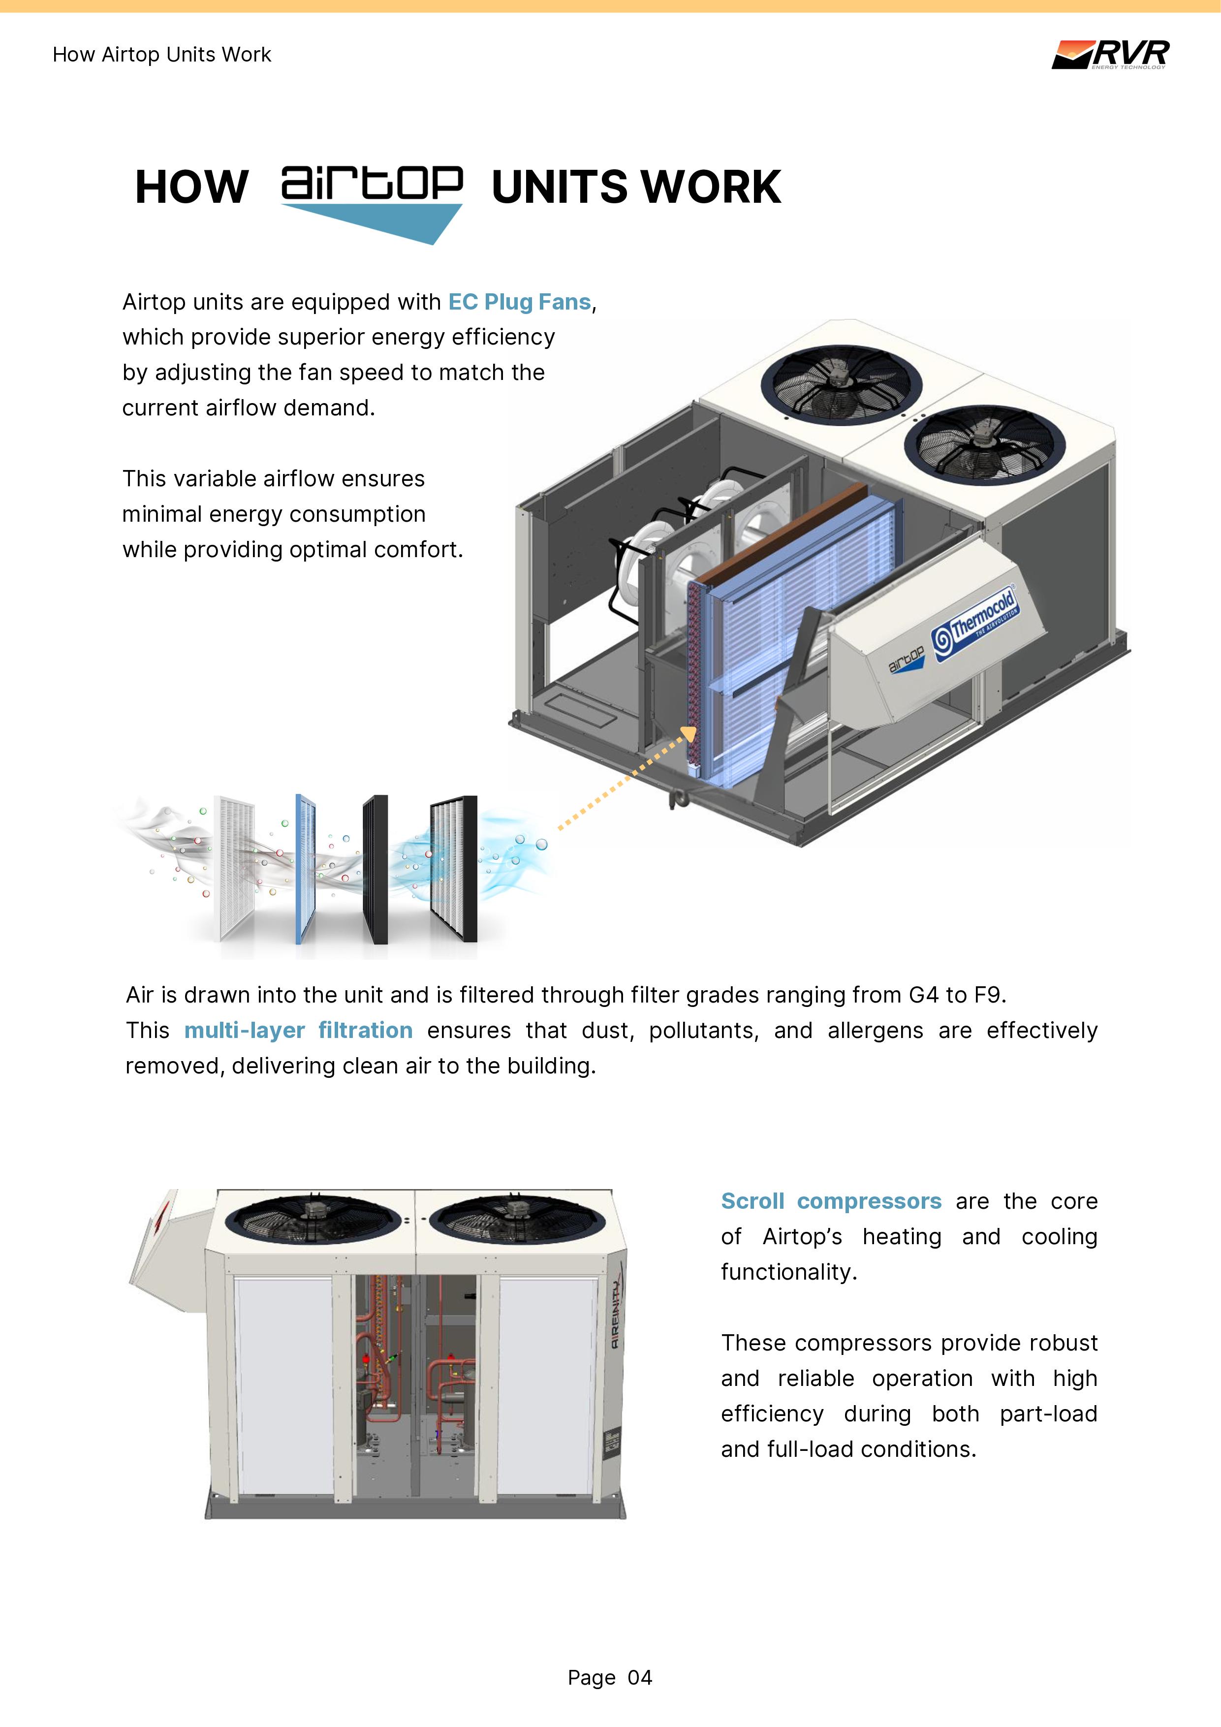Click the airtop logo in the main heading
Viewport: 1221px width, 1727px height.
point(372,199)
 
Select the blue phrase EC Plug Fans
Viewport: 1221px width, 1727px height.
point(520,302)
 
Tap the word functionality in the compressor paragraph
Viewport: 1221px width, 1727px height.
point(787,1271)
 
